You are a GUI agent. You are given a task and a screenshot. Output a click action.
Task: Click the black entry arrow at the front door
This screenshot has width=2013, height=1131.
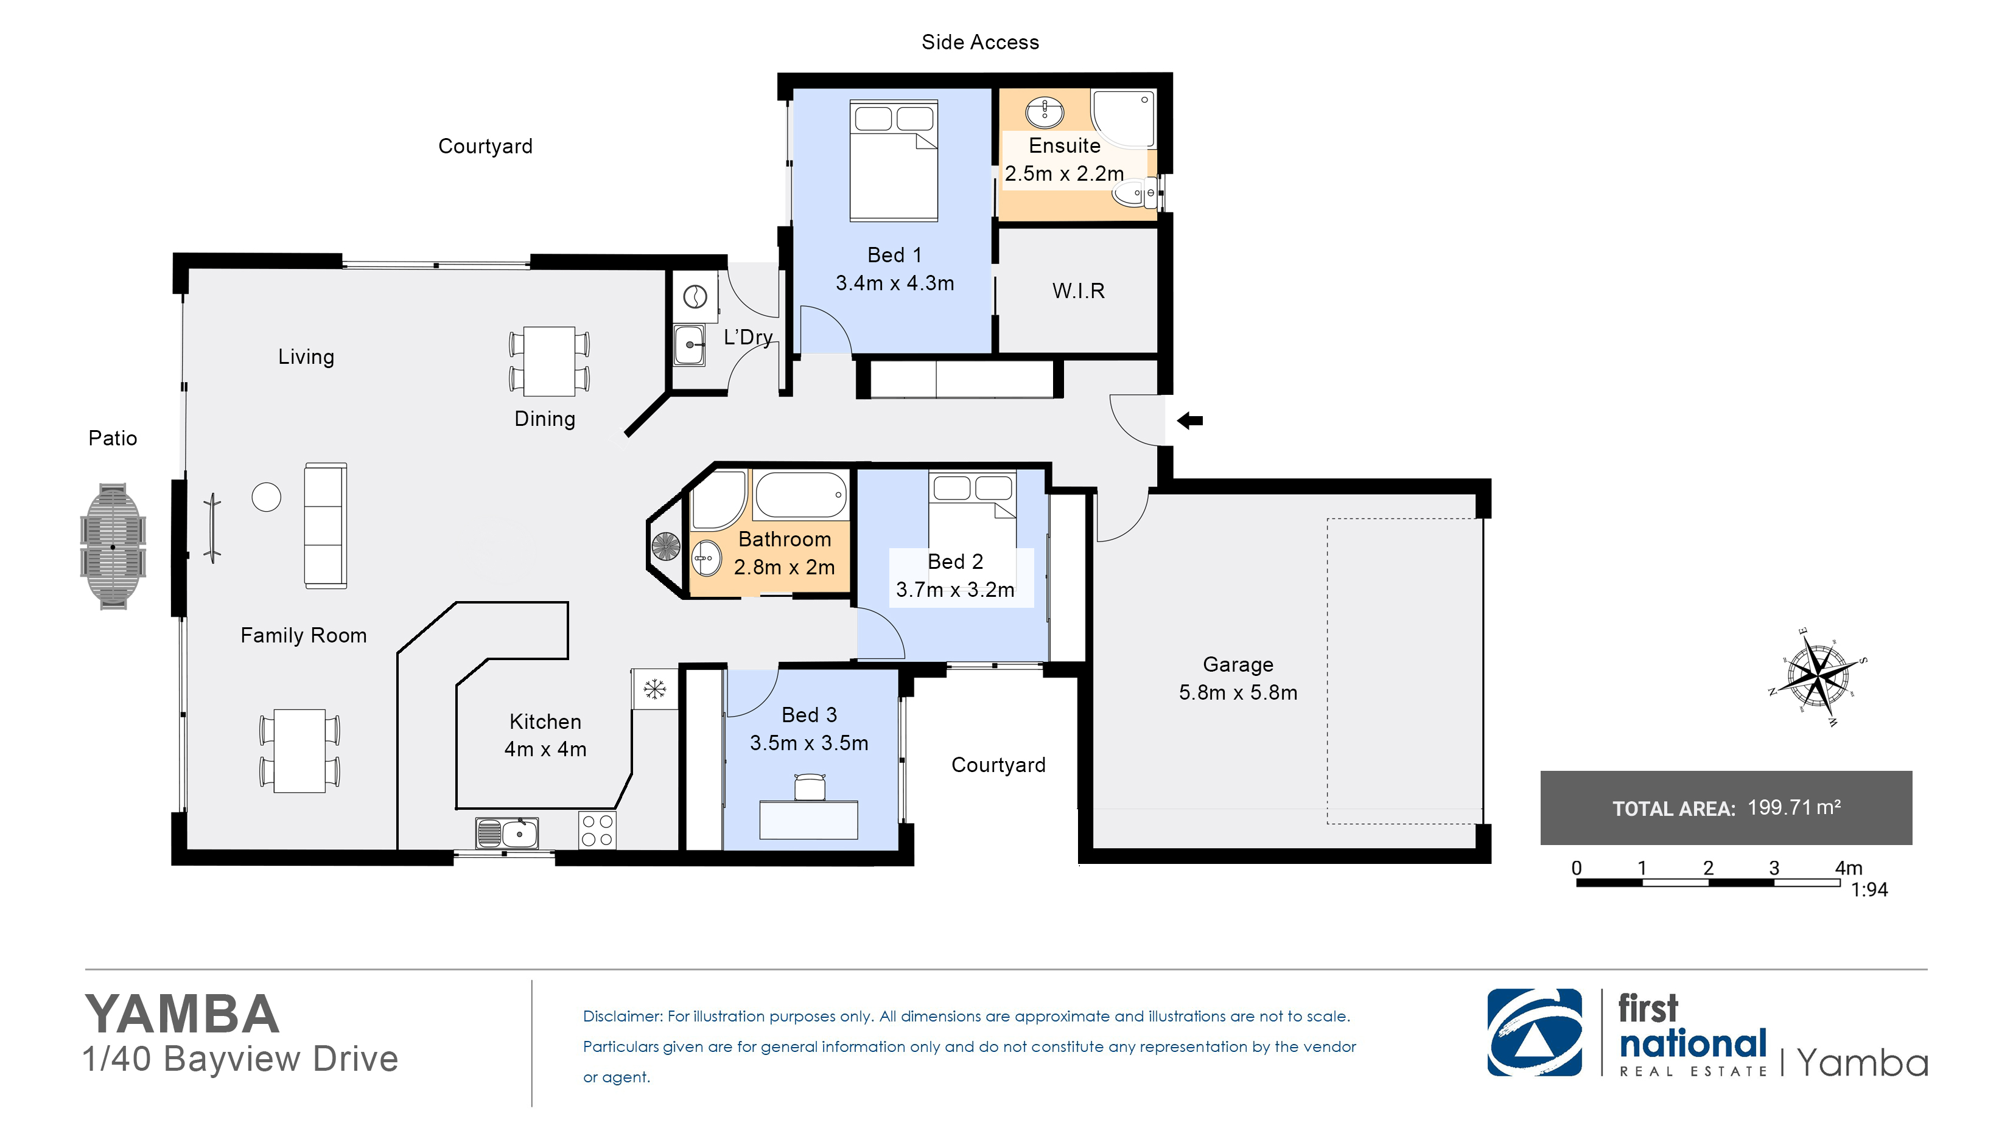pyautogui.click(x=1189, y=421)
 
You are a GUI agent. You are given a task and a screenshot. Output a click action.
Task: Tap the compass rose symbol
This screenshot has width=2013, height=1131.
pyautogui.click(x=1818, y=677)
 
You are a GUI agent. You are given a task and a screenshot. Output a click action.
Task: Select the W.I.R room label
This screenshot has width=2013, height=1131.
pyautogui.click(x=1079, y=291)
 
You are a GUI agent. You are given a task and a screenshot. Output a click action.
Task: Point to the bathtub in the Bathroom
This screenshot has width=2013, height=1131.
pyautogui.click(x=801, y=495)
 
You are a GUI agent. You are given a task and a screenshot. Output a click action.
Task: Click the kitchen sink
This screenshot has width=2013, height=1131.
pyautogui.click(x=507, y=833)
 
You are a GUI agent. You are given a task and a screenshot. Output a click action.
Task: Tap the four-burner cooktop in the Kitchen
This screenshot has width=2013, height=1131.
pyautogui.click(x=597, y=830)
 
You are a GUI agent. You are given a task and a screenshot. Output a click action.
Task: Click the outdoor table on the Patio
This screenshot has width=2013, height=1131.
pyautogui.click(x=113, y=546)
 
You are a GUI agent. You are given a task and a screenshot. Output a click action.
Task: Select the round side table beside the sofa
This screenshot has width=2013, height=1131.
pyautogui.click(x=267, y=497)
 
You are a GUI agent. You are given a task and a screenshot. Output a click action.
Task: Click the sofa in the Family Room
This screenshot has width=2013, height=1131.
pyautogui.click(x=325, y=526)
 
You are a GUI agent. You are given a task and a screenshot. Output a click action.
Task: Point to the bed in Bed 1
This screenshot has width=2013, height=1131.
pyautogui.click(x=894, y=160)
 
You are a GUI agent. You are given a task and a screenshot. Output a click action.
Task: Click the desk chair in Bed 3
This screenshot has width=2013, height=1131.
pyautogui.click(x=810, y=787)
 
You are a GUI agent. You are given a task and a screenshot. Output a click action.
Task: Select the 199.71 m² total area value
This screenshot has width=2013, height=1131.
pyautogui.click(x=1794, y=807)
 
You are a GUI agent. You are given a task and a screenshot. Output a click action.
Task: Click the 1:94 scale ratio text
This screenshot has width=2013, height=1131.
pyautogui.click(x=1869, y=889)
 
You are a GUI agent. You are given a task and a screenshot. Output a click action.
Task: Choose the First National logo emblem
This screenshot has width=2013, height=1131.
pyautogui.click(x=1535, y=1032)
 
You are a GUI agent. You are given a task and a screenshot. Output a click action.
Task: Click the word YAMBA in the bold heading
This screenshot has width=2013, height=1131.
pyautogui.click(x=181, y=1015)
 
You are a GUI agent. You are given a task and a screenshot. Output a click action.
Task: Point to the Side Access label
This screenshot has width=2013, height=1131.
pyautogui.click(x=980, y=42)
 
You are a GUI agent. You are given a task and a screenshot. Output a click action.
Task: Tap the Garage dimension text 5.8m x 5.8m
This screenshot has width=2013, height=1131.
pyautogui.click(x=1238, y=693)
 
